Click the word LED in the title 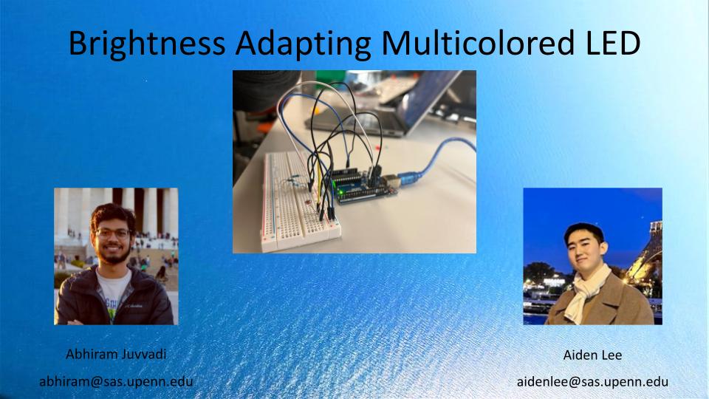tap(609, 44)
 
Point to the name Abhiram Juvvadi tap(116, 354)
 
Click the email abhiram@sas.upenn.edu tap(116, 381)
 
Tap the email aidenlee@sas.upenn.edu tap(592, 382)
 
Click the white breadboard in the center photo tap(295, 207)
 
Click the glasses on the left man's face tap(113, 233)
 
